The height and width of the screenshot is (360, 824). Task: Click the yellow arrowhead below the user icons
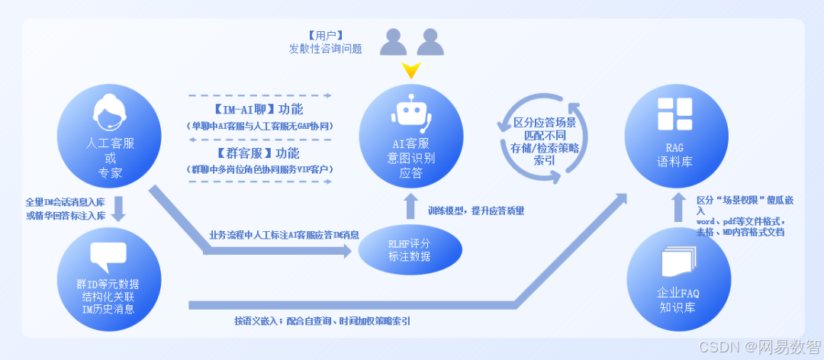[x=411, y=71]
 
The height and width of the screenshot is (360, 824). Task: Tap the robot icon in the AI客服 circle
[x=412, y=114]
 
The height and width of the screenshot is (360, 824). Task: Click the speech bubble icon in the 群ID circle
[x=108, y=256]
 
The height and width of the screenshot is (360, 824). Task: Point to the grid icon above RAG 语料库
[x=674, y=114]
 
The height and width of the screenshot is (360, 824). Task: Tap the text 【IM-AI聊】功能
[x=259, y=110]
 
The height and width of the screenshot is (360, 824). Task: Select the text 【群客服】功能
[x=259, y=153]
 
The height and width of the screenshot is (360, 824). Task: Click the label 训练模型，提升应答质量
[x=476, y=210]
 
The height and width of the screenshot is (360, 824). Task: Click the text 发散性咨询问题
[x=325, y=49]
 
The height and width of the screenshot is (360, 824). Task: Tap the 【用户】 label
[x=325, y=35]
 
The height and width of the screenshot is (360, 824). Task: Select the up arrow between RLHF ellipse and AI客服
[x=411, y=204]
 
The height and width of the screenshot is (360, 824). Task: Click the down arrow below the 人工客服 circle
[x=118, y=208]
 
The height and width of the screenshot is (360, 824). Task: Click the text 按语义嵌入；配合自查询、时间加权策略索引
[x=322, y=321]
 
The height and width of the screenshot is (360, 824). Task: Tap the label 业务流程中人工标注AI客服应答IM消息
[x=284, y=235]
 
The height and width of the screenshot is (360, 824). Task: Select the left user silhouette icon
[x=394, y=42]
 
